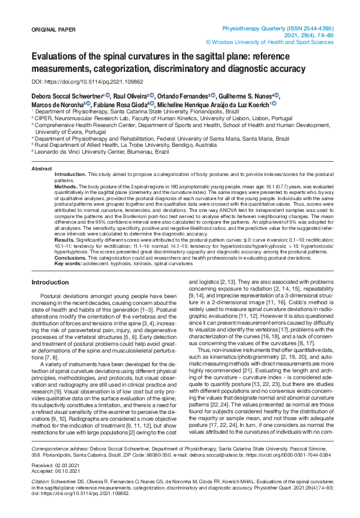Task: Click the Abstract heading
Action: coord(42,169)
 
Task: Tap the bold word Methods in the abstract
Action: coord(66,186)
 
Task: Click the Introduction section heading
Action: coord(50,282)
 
